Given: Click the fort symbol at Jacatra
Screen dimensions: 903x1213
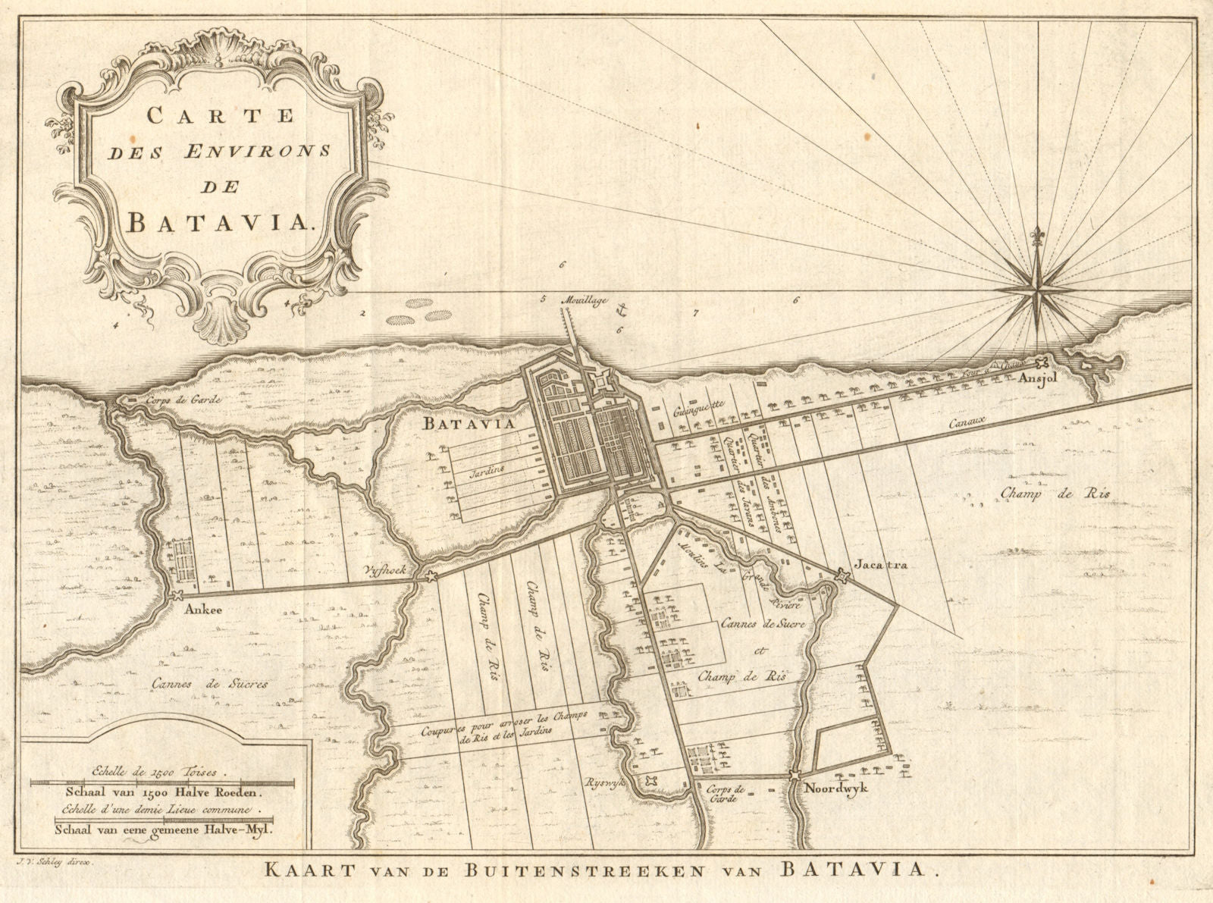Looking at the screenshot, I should tap(839, 576).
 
